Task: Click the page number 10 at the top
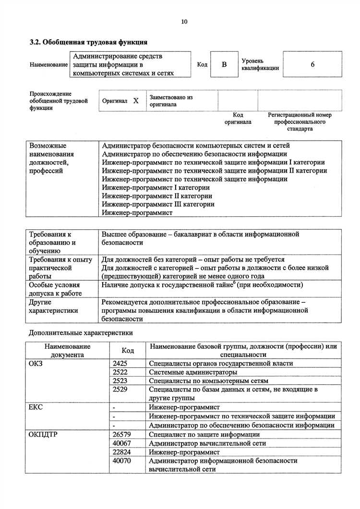coord(184,22)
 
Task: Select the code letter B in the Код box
coord(224,64)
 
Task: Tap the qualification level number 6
coord(312,64)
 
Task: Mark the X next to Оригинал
coord(136,101)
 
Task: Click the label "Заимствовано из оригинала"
coord(171,101)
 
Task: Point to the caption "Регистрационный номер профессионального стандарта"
coord(300,122)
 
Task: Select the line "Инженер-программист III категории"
coord(158,204)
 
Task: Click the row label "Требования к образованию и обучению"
coord(52,242)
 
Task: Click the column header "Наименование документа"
coord(67,350)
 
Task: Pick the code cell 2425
coord(120,363)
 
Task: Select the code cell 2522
coord(120,372)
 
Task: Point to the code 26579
coord(121,434)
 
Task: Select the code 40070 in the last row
coord(121,461)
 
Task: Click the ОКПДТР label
coord(44,434)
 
